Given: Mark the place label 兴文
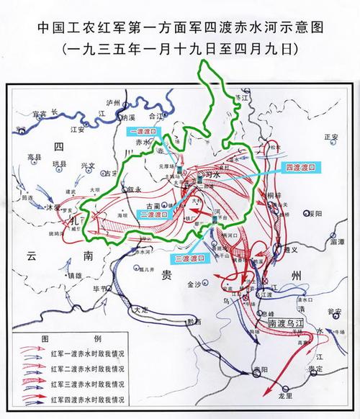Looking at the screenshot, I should coord(88,166).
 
